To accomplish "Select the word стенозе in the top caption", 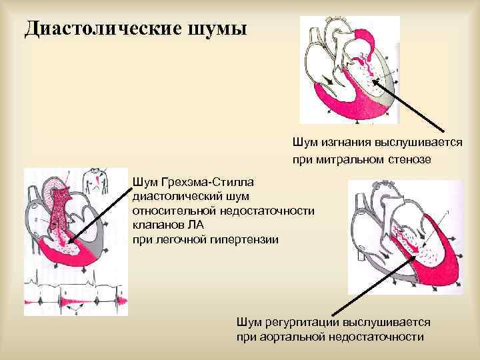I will (408, 159).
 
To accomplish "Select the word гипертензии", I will (251, 239).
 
